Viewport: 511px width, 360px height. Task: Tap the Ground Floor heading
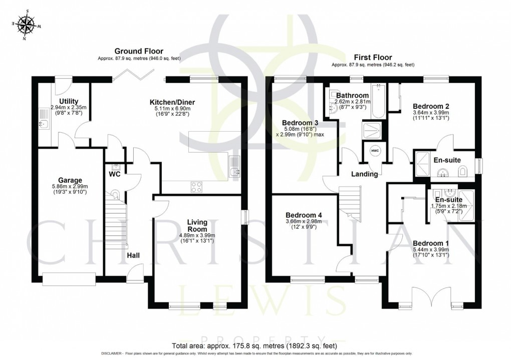(x=135, y=51)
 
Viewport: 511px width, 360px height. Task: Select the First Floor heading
(x=373, y=57)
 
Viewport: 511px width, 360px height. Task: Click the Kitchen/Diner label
(x=172, y=102)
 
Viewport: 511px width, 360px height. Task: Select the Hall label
(x=133, y=256)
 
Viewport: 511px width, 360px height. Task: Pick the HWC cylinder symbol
(x=375, y=151)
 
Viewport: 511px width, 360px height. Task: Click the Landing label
(x=364, y=174)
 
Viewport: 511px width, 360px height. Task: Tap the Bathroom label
(x=352, y=95)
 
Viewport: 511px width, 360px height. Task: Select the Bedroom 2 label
(x=430, y=106)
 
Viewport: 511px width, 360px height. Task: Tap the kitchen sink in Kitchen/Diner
(x=234, y=168)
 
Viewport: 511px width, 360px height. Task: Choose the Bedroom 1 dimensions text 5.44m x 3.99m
(x=430, y=248)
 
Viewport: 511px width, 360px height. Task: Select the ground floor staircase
(x=115, y=220)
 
